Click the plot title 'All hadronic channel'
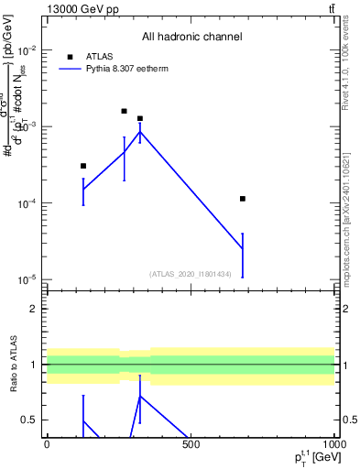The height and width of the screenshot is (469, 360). click(x=191, y=38)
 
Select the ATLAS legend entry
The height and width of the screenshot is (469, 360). click(x=100, y=57)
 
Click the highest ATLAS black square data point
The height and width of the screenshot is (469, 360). click(x=124, y=111)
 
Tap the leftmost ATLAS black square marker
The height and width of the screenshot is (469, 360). click(x=83, y=166)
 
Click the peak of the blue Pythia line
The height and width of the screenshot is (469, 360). click(x=140, y=132)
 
